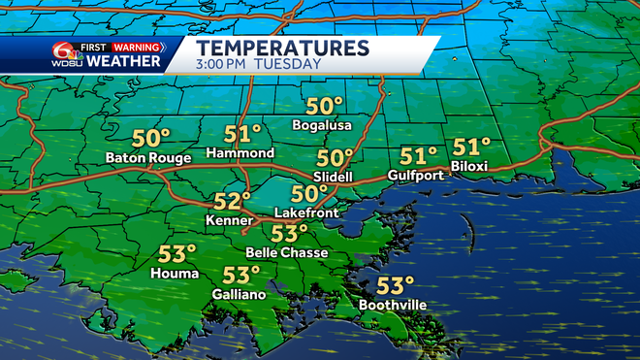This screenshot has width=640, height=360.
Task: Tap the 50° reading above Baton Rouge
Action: point(150,137)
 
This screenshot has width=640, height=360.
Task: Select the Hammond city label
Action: point(240,153)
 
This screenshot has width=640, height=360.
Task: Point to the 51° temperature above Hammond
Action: point(243,134)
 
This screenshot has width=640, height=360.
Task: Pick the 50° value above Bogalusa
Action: point(325,106)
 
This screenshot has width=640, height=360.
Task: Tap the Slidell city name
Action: point(334,176)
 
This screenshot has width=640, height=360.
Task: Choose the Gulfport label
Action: point(415,175)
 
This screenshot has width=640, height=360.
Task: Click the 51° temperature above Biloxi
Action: point(472,147)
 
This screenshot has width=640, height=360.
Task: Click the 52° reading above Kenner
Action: point(232,201)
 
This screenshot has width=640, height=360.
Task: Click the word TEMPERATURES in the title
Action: point(282,47)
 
